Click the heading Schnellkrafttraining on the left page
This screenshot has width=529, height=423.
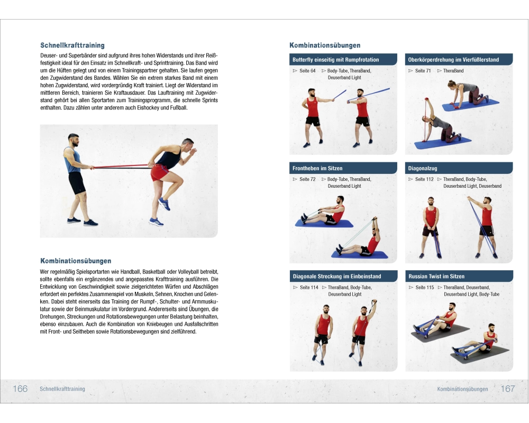(x=72, y=45)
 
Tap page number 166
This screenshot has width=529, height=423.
(x=20, y=389)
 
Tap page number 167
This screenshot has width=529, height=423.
(x=508, y=389)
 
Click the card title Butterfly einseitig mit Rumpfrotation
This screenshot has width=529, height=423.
(x=336, y=60)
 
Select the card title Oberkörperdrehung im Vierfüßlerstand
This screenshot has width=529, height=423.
(x=453, y=60)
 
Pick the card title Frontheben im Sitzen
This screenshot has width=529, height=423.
(x=317, y=168)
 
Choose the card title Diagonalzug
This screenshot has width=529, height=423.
(x=422, y=168)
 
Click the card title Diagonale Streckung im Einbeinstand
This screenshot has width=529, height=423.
(x=337, y=276)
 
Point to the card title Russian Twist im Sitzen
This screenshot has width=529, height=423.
(x=436, y=276)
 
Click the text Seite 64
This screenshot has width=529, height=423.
(x=307, y=71)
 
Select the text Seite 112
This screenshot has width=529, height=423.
(x=424, y=179)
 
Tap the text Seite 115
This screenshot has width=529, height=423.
(x=425, y=288)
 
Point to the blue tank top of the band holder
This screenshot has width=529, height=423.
(x=72, y=161)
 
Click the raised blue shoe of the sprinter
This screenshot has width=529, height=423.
(x=164, y=204)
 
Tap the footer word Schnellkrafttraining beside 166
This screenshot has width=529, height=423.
(x=62, y=389)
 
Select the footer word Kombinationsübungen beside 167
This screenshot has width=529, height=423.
(x=462, y=389)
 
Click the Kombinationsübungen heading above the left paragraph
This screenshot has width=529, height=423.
(x=76, y=261)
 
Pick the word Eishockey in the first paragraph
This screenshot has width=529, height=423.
(x=148, y=108)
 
